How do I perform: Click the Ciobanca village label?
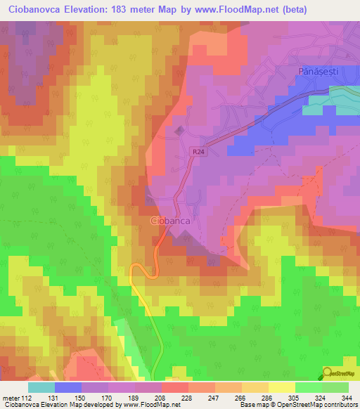tap(172, 221)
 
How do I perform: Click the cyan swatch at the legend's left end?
tap(41, 387)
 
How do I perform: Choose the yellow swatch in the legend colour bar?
tap(281, 387)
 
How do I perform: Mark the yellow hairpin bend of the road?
tap(135, 270)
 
